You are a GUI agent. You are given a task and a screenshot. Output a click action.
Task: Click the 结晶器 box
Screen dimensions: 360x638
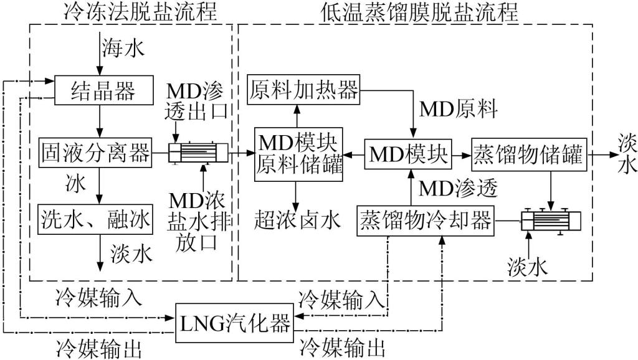(x=104, y=92)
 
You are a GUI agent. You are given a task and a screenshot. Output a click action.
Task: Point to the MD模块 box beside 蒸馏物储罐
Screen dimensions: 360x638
(x=408, y=153)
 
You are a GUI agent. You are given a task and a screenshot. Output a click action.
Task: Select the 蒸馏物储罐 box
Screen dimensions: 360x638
(x=528, y=153)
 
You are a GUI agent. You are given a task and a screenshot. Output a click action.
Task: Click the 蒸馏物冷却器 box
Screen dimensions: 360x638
(x=426, y=220)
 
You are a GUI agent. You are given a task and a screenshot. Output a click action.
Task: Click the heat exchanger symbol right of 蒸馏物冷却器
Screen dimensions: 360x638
(x=551, y=220)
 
